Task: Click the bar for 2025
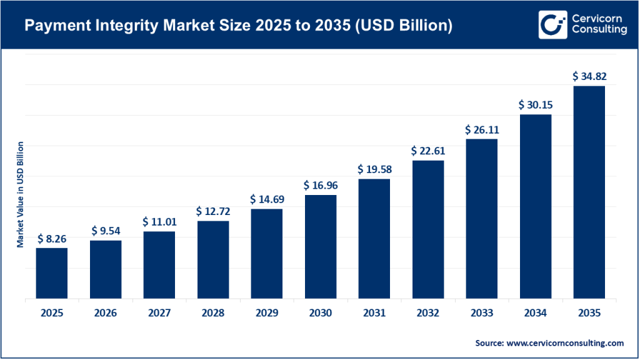51,273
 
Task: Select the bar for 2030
320,247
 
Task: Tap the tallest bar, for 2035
589,192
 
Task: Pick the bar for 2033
481,219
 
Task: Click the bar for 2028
212,259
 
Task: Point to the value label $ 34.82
589,77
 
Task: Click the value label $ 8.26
51,239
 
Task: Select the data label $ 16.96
320,186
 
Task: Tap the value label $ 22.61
427,151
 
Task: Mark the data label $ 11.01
159,222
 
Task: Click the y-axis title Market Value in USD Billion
20,194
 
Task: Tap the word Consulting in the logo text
598,31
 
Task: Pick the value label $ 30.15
536,105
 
